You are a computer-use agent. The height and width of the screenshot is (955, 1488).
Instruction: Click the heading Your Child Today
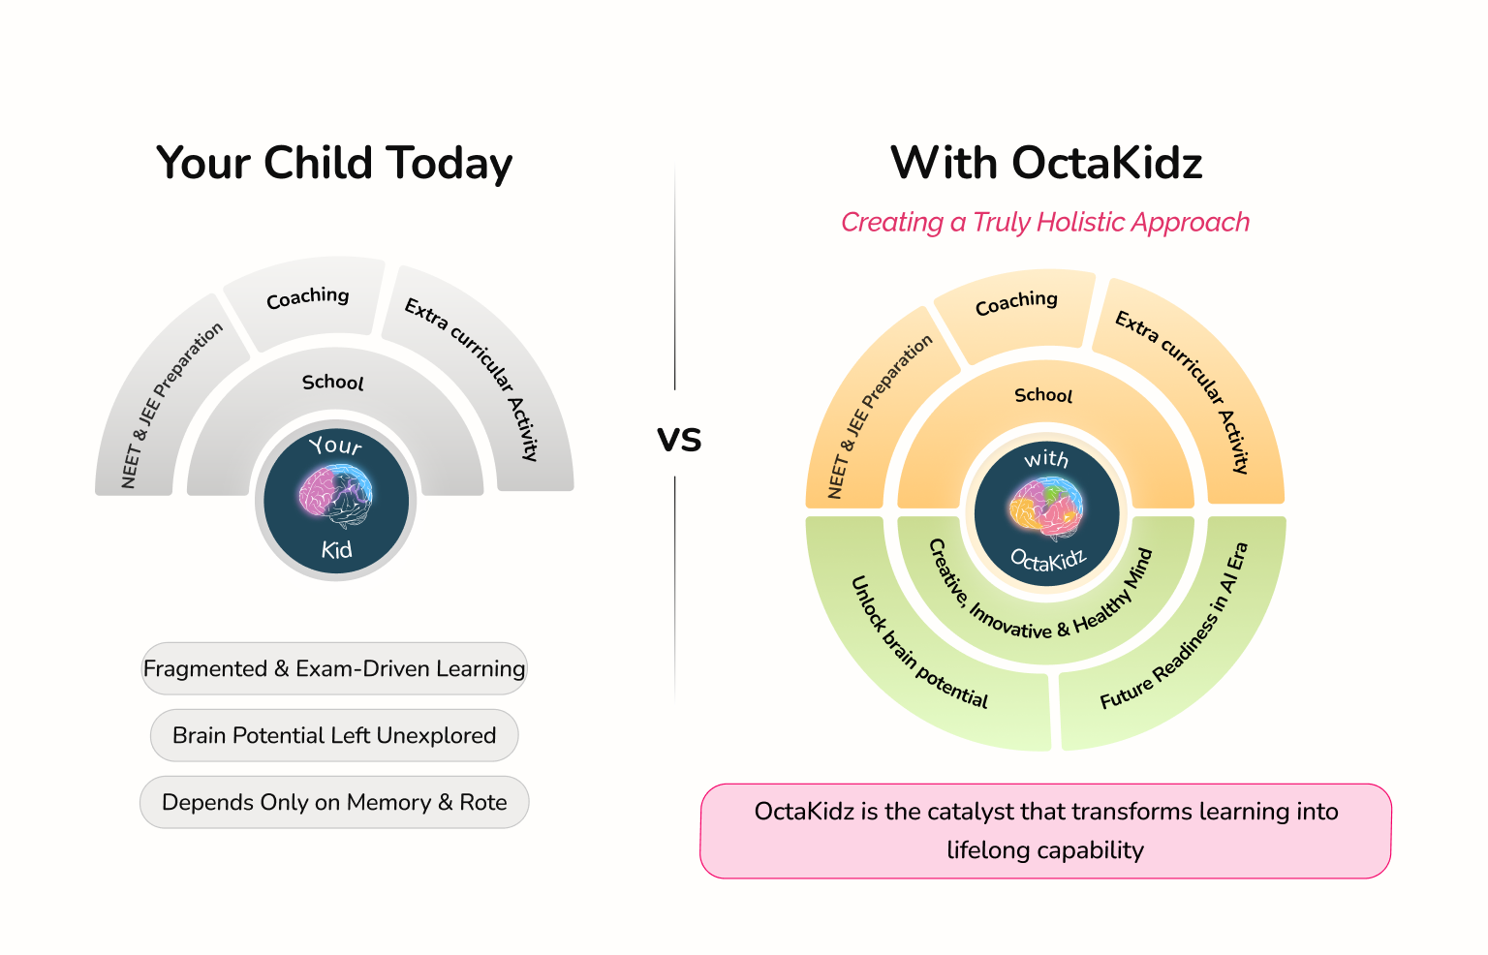tap(334, 164)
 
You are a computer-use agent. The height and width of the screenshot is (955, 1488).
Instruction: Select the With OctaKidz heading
tap(1046, 164)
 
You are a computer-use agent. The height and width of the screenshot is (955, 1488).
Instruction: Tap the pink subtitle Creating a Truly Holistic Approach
tap(1045, 223)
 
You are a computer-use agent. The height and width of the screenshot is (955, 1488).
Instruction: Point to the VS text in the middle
tap(679, 439)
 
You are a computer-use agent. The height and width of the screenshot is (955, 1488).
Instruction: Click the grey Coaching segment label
tap(308, 297)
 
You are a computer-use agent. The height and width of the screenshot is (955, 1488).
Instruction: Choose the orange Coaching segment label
tap(1016, 302)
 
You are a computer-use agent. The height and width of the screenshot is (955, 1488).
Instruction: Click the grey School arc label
tap(333, 383)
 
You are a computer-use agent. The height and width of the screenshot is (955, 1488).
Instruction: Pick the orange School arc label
tap(1043, 395)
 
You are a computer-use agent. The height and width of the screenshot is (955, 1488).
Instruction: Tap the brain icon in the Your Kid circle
tap(336, 495)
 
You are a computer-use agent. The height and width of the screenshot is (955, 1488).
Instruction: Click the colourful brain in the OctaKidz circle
tap(1046, 507)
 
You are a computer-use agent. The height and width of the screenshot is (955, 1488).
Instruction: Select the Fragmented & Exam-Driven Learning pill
tap(334, 668)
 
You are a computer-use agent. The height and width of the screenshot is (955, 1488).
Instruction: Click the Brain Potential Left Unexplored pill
tap(334, 735)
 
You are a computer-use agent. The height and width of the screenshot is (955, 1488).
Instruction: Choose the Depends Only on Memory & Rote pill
tap(334, 802)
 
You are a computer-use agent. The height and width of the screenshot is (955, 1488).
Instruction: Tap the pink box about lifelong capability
tap(1045, 830)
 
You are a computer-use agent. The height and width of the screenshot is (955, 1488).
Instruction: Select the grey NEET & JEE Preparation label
tap(171, 405)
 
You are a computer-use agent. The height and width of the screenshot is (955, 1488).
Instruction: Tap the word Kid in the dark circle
tap(337, 550)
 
